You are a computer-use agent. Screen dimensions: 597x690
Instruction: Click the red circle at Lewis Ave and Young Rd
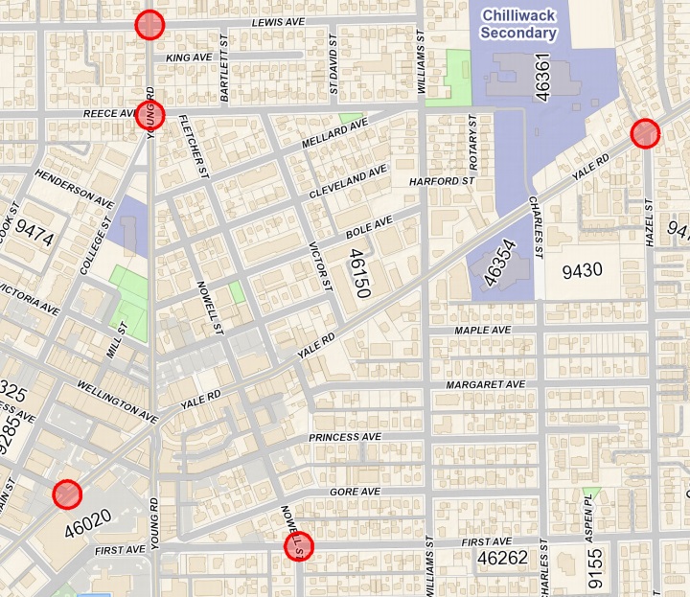(149, 25)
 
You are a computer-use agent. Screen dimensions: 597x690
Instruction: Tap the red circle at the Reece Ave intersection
(150, 115)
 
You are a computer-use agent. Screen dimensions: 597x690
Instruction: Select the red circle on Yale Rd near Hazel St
(646, 133)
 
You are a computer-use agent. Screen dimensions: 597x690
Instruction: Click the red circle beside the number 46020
(66, 494)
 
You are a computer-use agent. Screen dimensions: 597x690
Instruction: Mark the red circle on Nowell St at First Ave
(298, 548)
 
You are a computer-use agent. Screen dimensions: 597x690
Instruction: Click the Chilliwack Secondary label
(518, 24)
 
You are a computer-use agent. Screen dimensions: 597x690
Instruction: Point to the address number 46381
(543, 78)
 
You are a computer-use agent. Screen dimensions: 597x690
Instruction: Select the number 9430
(582, 270)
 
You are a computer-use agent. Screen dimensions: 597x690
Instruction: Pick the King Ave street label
(188, 58)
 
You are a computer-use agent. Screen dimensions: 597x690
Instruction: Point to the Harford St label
(443, 181)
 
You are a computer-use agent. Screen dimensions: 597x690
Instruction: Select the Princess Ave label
(345, 438)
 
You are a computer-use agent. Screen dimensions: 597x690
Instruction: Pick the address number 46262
(502, 557)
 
